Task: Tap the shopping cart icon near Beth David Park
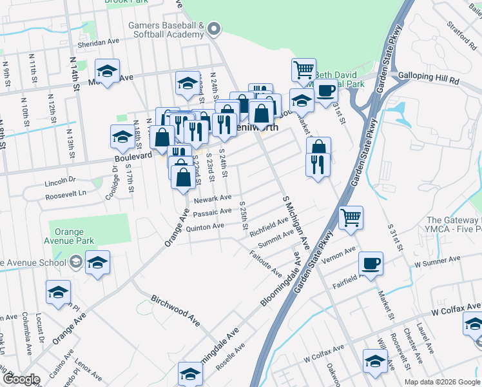click(x=304, y=69)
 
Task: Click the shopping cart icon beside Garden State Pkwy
click(x=351, y=217)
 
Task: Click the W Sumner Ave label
click(x=438, y=259)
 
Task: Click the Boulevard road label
click(x=133, y=157)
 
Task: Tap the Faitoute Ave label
click(x=265, y=261)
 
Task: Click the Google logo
click(x=22, y=379)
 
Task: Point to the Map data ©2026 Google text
click(x=441, y=382)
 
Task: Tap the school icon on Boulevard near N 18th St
click(x=122, y=136)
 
